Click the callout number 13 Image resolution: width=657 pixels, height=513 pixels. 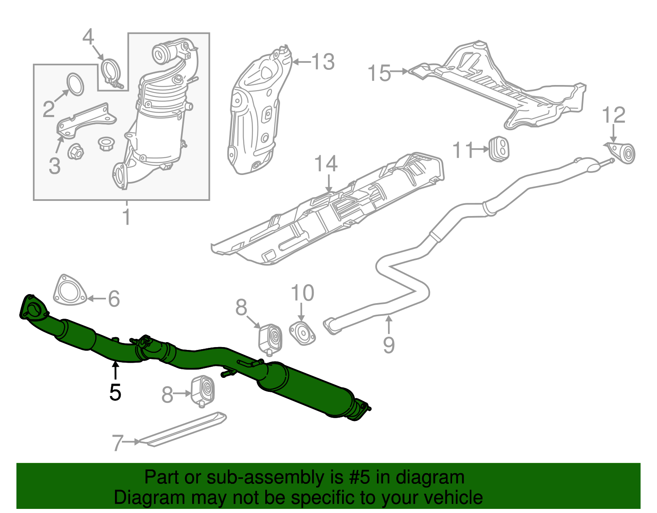(323, 62)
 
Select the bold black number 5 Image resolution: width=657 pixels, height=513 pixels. (115, 392)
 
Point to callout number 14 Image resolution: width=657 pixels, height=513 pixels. (326, 163)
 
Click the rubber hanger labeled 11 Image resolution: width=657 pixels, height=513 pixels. (499, 149)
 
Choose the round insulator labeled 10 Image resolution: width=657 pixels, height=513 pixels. (302, 334)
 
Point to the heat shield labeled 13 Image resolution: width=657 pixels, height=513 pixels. (259, 110)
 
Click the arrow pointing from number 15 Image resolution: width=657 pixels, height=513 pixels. (400, 71)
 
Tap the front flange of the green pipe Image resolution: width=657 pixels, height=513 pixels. (33, 307)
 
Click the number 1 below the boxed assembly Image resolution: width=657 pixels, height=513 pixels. (127, 216)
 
